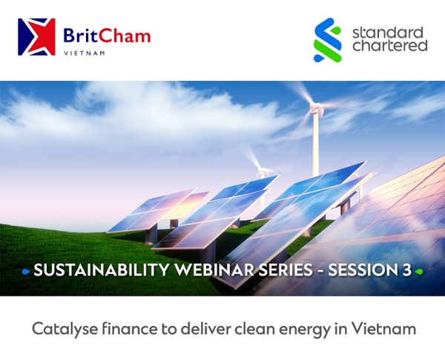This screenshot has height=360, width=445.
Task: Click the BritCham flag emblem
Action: click(36, 37)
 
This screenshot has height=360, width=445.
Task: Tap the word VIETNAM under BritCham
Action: click(85, 53)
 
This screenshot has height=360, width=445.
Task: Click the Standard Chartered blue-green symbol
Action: click(327, 40)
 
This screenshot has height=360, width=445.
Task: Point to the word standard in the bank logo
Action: click(388, 33)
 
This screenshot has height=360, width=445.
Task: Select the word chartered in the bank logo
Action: click(389, 46)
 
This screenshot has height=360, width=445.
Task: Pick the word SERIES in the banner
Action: click(286, 270)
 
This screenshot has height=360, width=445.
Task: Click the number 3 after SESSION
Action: click(406, 270)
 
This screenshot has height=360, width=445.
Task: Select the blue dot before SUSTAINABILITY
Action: click(26, 272)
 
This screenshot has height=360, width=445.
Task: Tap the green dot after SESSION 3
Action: click(419, 272)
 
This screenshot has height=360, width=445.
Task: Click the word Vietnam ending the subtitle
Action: click(383, 329)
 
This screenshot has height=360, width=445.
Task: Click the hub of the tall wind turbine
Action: click(315, 108)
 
